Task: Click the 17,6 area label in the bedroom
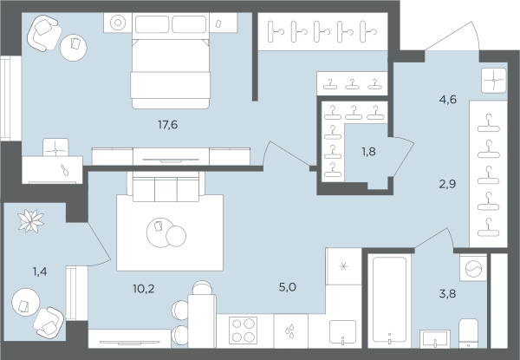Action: (x=168, y=125)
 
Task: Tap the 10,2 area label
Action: (x=144, y=289)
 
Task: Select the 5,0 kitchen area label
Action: (x=288, y=287)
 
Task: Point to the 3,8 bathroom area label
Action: (x=447, y=293)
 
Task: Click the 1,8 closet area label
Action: (x=368, y=152)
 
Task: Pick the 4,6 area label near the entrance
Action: (x=448, y=99)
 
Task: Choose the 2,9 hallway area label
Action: (x=447, y=184)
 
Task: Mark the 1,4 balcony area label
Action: (x=40, y=272)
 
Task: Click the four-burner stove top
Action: (x=243, y=331)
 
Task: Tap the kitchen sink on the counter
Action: (x=342, y=332)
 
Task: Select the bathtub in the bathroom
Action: (x=389, y=299)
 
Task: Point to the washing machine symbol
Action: (x=473, y=268)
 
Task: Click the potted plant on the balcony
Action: (x=31, y=221)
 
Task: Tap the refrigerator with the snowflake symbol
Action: (x=343, y=266)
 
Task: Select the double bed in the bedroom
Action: (x=171, y=62)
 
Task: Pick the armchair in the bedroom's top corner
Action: (x=44, y=33)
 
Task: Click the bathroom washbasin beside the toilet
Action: (x=435, y=339)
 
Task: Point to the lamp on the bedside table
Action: (x=117, y=23)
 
